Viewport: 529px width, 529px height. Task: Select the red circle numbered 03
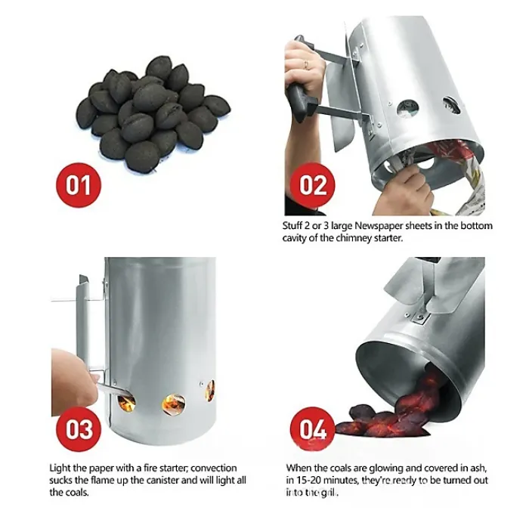(79, 428)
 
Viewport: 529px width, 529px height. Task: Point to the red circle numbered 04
(313, 428)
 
